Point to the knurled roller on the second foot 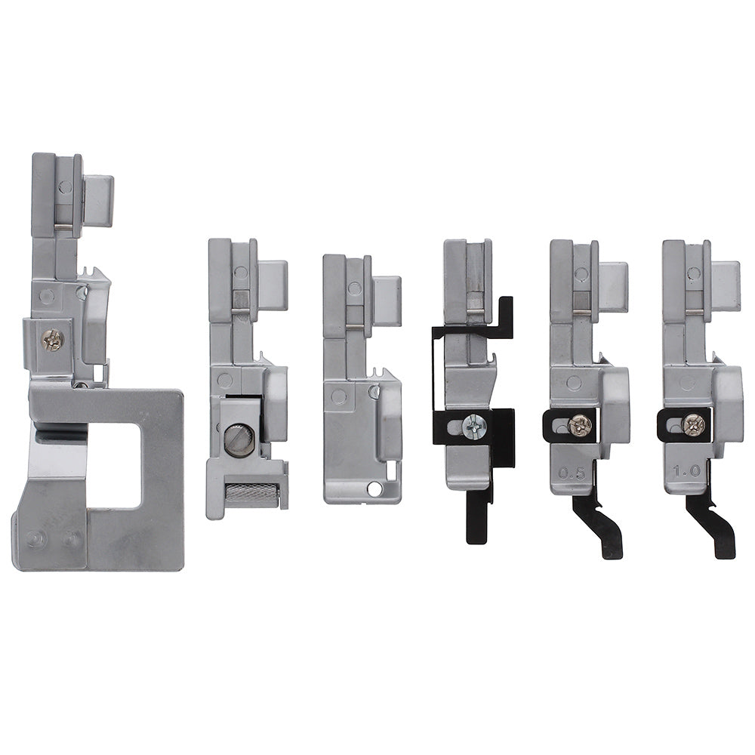(251, 495)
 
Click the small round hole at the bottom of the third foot (374, 490)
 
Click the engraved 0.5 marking (572, 474)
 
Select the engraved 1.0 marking (686, 471)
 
